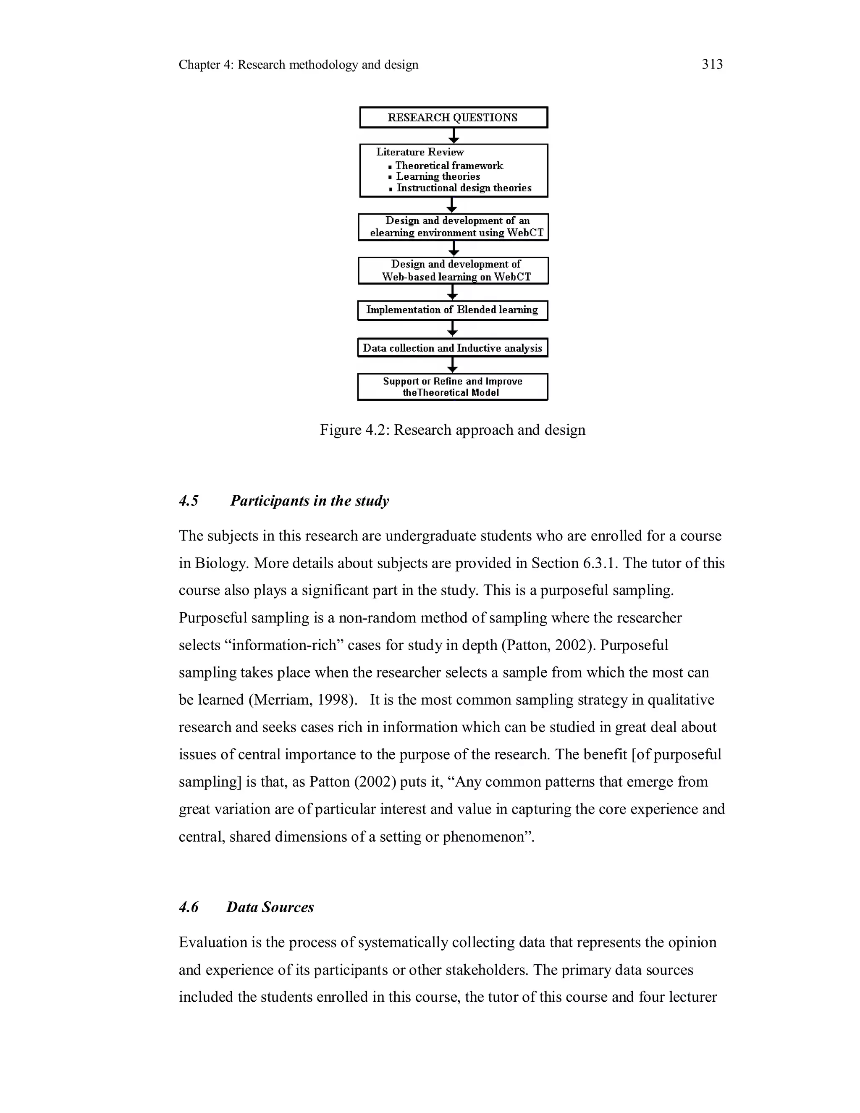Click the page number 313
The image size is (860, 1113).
(x=712, y=64)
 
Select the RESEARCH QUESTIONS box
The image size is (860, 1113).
(x=453, y=118)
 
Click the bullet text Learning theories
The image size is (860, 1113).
(x=438, y=177)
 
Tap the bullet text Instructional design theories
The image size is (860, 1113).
(x=464, y=188)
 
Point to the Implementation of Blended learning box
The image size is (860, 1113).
(x=452, y=310)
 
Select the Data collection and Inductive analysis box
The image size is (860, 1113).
(x=452, y=349)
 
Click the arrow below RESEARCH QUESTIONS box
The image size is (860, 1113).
(x=454, y=136)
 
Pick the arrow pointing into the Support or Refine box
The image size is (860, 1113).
(x=452, y=365)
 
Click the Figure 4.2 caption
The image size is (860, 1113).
(x=452, y=430)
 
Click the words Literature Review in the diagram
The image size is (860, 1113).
(x=420, y=152)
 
